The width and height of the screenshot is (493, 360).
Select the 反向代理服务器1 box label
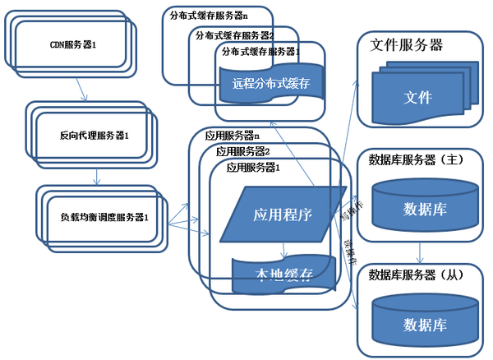pyautogui.click(x=94, y=133)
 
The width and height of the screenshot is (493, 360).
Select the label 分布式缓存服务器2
pyautogui.click(x=234, y=35)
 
